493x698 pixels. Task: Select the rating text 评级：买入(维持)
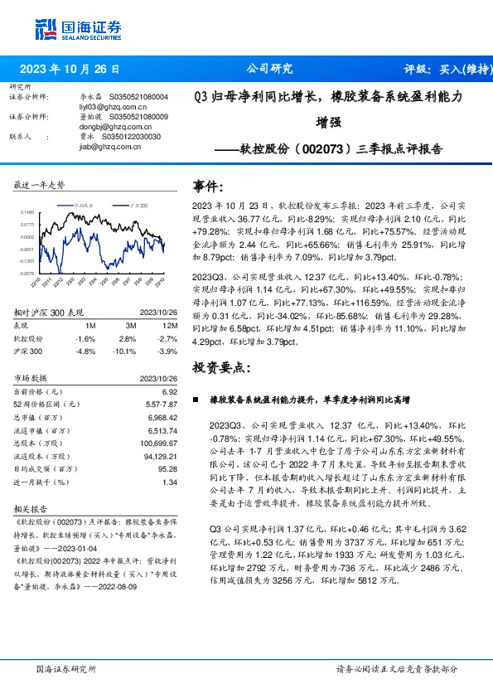444,69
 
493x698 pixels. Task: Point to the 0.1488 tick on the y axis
27,212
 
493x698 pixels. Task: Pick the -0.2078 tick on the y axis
27,272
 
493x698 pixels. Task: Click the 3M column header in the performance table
127,326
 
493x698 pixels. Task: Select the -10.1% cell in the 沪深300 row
127,351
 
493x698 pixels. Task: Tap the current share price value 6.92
171,390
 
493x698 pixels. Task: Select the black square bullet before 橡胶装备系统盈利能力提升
196,400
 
